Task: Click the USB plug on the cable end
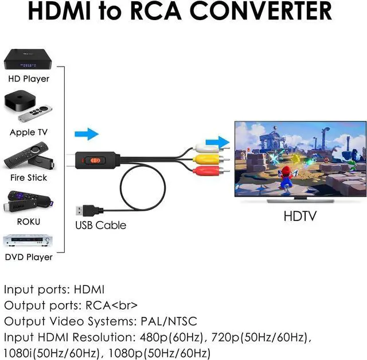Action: (x=84, y=204)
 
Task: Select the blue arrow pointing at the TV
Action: (x=216, y=141)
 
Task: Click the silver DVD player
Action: (x=28, y=241)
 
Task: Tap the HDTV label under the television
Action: (x=300, y=217)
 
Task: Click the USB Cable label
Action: (x=100, y=225)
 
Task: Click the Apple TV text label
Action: (x=29, y=132)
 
